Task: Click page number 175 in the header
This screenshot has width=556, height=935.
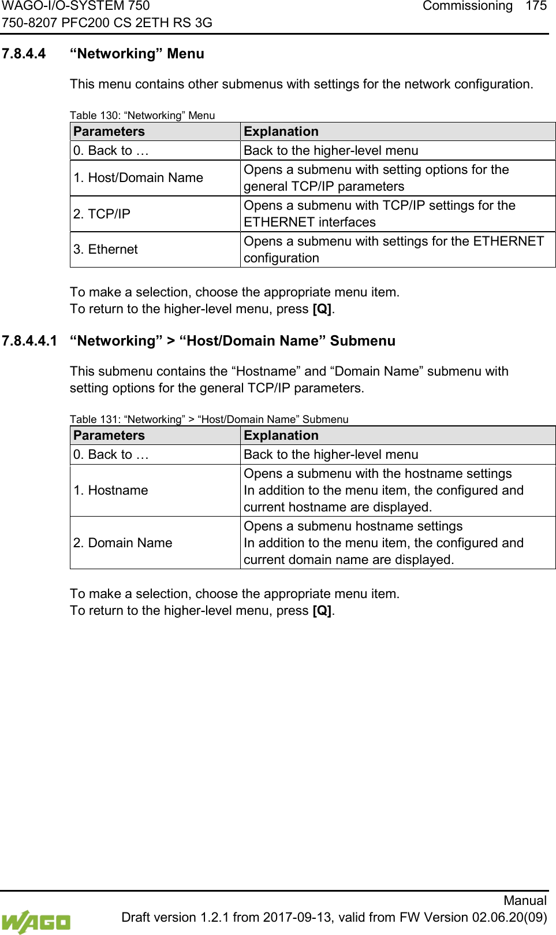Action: [536, 6]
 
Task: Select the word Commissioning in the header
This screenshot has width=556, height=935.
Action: [467, 6]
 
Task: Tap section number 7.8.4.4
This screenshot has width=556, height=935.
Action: [24, 54]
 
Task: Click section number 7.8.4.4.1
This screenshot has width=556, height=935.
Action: [29, 341]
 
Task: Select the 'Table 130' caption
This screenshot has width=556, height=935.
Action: [142, 116]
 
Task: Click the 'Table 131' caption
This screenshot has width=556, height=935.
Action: [209, 420]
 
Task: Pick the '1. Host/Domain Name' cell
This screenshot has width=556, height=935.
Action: [138, 178]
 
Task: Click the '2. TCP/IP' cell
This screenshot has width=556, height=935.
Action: [102, 214]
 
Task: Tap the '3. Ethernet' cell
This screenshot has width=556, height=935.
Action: [106, 250]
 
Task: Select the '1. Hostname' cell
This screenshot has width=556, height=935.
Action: [111, 491]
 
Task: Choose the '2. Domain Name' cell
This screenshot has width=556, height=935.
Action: [123, 543]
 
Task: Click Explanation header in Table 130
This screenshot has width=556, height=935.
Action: [281, 132]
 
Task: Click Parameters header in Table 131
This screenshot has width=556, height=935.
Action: [109, 436]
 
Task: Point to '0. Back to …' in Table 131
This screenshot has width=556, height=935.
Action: [111, 455]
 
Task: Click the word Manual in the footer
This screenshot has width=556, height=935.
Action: [524, 900]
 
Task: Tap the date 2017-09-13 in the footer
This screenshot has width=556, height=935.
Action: [298, 918]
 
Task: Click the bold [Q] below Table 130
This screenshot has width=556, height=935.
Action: [322, 309]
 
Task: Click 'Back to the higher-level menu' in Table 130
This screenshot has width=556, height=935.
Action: [331, 151]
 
